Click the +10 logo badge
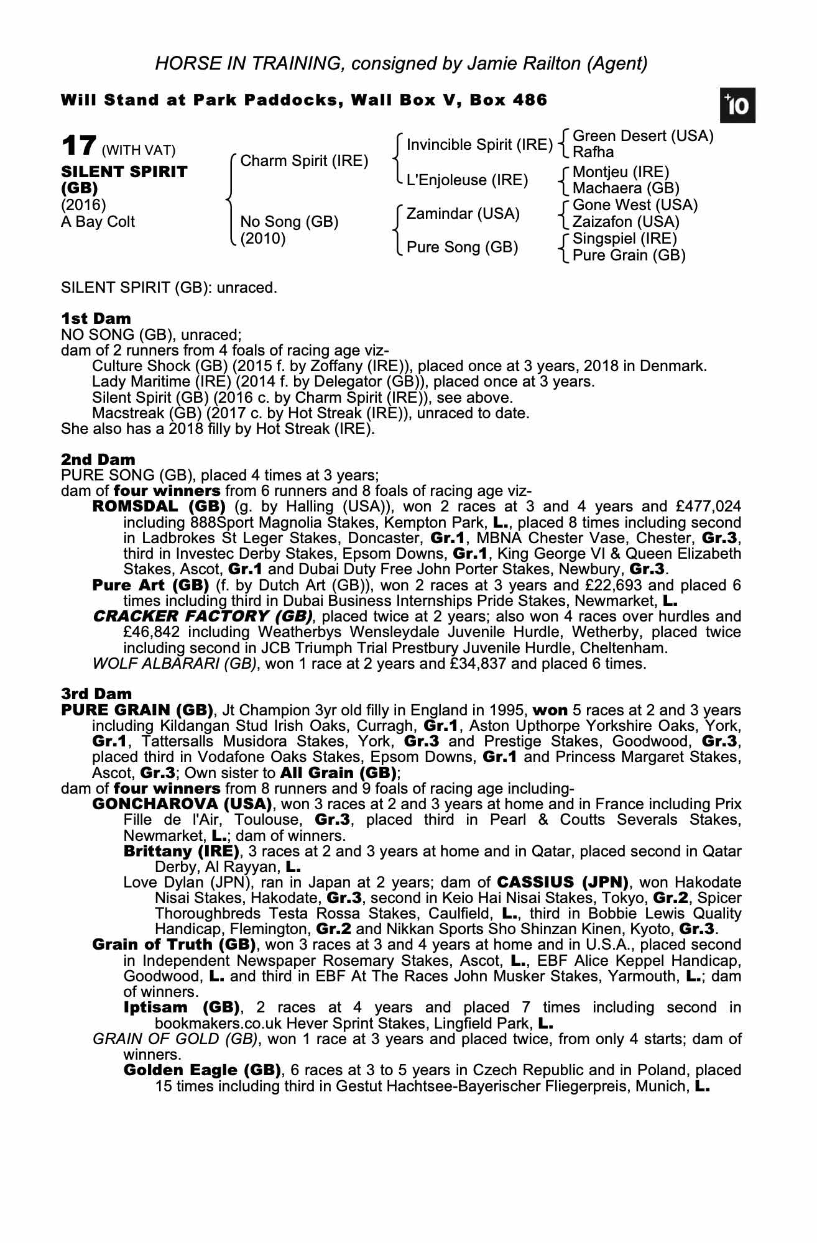pyautogui.click(x=738, y=106)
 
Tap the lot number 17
pyautogui.click(x=78, y=147)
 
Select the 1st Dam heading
pyautogui.click(x=96, y=318)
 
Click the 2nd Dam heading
pyautogui.click(x=98, y=459)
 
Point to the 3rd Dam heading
pyautogui.click(x=96, y=693)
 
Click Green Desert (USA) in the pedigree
pyautogui.click(x=642, y=136)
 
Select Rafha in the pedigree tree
pyautogui.click(x=593, y=152)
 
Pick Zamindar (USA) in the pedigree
pyautogui.click(x=462, y=214)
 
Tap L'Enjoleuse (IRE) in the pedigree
pyautogui.click(x=466, y=180)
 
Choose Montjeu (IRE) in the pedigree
pyautogui.click(x=620, y=172)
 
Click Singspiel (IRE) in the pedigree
pyautogui.click(x=624, y=239)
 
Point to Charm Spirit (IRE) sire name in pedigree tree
pyautogui.click(x=303, y=161)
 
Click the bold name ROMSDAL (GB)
pyautogui.click(x=159, y=507)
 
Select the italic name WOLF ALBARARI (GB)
pyautogui.click(x=174, y=663)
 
